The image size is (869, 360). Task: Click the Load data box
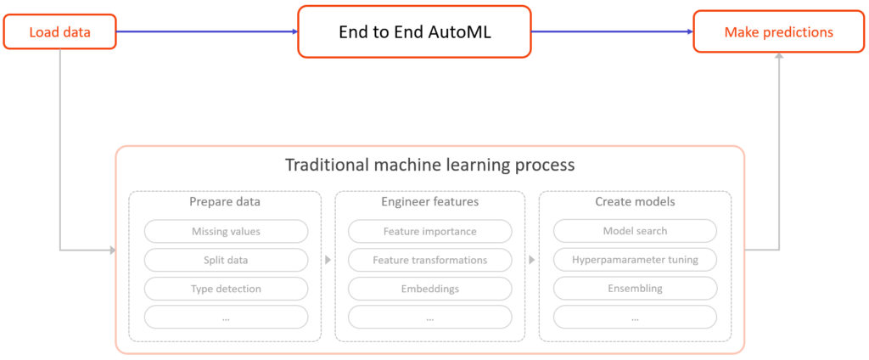pyautogui.click(x=59, y=33)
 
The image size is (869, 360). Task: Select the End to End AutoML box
pyautogui.click(x=413, y=33)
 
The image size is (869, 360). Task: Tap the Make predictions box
pyautogui.click(x=778, y=33)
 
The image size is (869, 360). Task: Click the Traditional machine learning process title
pyautogui.click(x=429, y=165)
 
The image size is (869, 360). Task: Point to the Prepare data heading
pyautogui.click(x=225, y=203)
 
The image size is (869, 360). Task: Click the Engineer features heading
pyautogui.click(x=429, y=203)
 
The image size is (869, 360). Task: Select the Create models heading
pyautogui.click(x=635, y=203)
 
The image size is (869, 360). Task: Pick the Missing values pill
pyautogui.click(x=225, y=231)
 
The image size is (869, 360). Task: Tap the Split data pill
pyautogui.click(x=225, y=260)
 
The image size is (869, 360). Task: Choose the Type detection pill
pyautogui.click(x=225, y=289)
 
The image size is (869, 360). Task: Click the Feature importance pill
pyautogui.click(x=429, y=231)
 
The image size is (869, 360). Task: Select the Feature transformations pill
pyautogui.click(x=429, y=260)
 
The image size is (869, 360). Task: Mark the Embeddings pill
pyautogui.click(x=429, y=289)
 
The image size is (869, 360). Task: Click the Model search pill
pyautogui.click(x=635, y=231)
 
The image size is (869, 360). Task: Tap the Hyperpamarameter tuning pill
pyautogui.click(x=635, y=260)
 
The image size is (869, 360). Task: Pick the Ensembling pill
pyautogui.click(x=635, y=289)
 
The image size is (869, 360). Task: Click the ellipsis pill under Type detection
pyautogui.click(x=225, y=318)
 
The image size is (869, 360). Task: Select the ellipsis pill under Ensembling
pyautogui.click(x=635, y=318)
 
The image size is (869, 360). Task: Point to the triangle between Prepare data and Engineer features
pyautogui.click(x=328, y=260)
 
